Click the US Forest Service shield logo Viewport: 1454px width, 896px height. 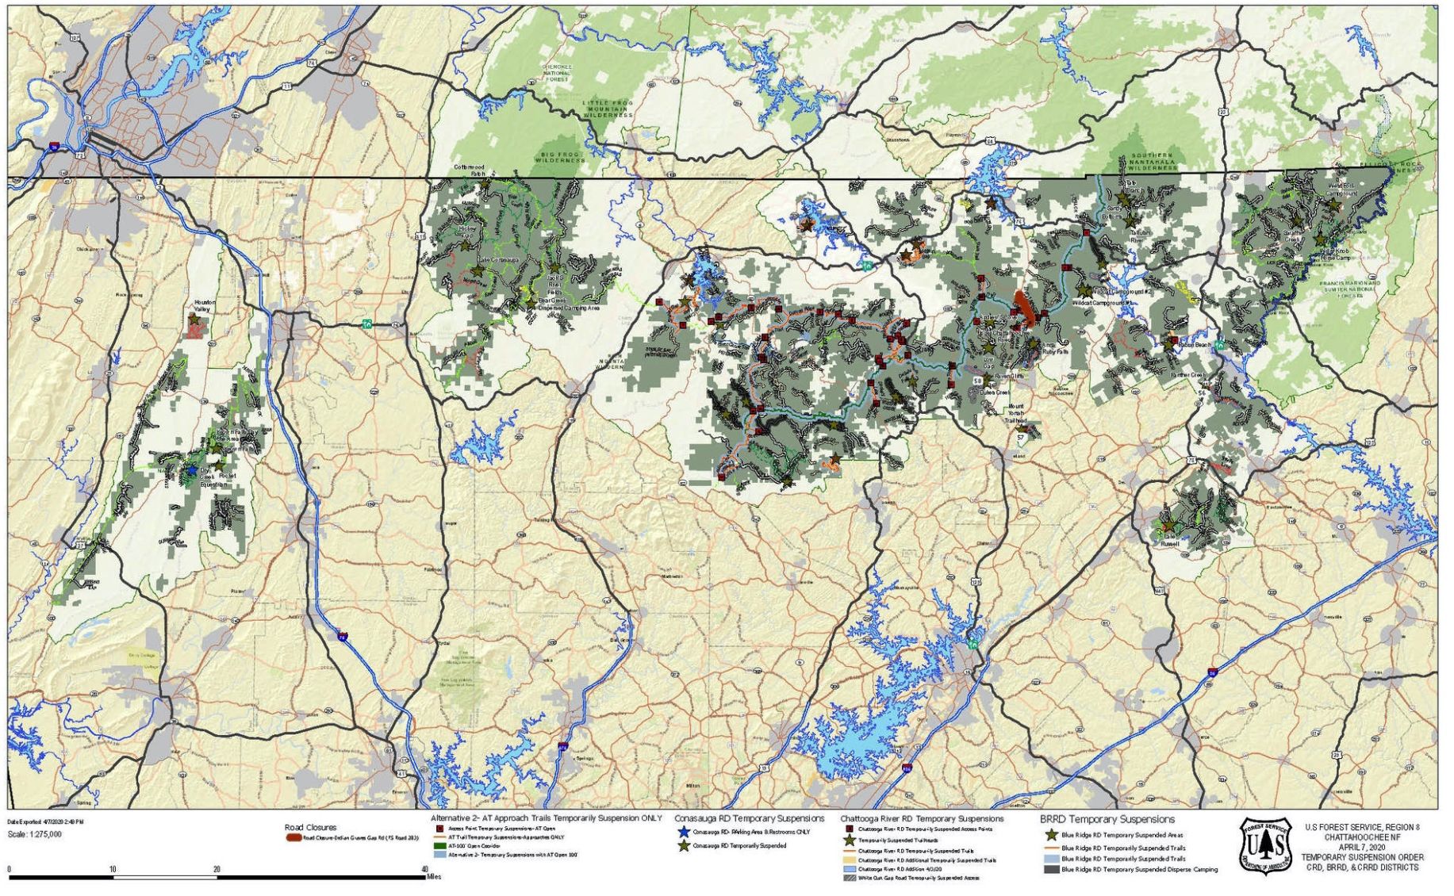coord(1265,847)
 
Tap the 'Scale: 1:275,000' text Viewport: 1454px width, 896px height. coord(34,834)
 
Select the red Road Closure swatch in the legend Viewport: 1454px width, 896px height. coord(293,838)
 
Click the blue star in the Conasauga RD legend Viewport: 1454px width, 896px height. coord(684,833)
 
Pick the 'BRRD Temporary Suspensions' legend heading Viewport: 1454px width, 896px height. coord(1107,819)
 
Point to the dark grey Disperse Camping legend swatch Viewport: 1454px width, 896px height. coord(1051,870)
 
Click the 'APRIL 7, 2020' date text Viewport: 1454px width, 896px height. coord(1361,848)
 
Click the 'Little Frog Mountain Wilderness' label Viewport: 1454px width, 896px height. coord(608,109)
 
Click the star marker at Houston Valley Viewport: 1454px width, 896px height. coord(194,319)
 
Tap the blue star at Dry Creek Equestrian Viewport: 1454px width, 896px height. coord(190,470)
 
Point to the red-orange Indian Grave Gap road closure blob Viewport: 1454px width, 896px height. coord(1025,308)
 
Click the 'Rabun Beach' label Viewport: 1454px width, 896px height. coord(1195,345)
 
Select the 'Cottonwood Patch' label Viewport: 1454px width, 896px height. coord(469,170)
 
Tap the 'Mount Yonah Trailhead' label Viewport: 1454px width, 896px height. coord(1015,412)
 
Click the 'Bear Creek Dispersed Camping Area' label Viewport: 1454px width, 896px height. coord(569,304)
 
